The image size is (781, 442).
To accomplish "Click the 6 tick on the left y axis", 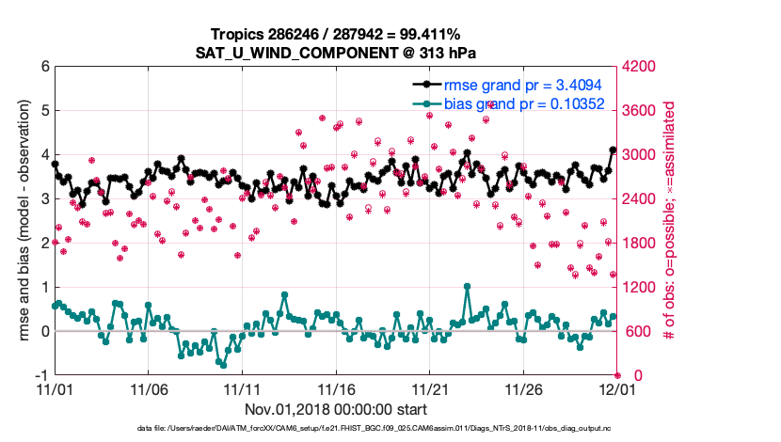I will click(x=44, y=67).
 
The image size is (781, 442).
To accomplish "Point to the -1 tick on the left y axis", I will click(x=41, y=375).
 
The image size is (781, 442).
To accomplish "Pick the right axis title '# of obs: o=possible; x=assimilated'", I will click(x=671, y=221).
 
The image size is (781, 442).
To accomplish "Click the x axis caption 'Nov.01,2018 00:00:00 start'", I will click(x=335, y=409).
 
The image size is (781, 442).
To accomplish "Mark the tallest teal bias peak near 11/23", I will click(x=468, y=286).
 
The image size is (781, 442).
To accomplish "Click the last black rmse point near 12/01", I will click(x=613, y=150).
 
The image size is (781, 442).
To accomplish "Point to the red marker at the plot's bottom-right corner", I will click(x=617, y=375).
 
